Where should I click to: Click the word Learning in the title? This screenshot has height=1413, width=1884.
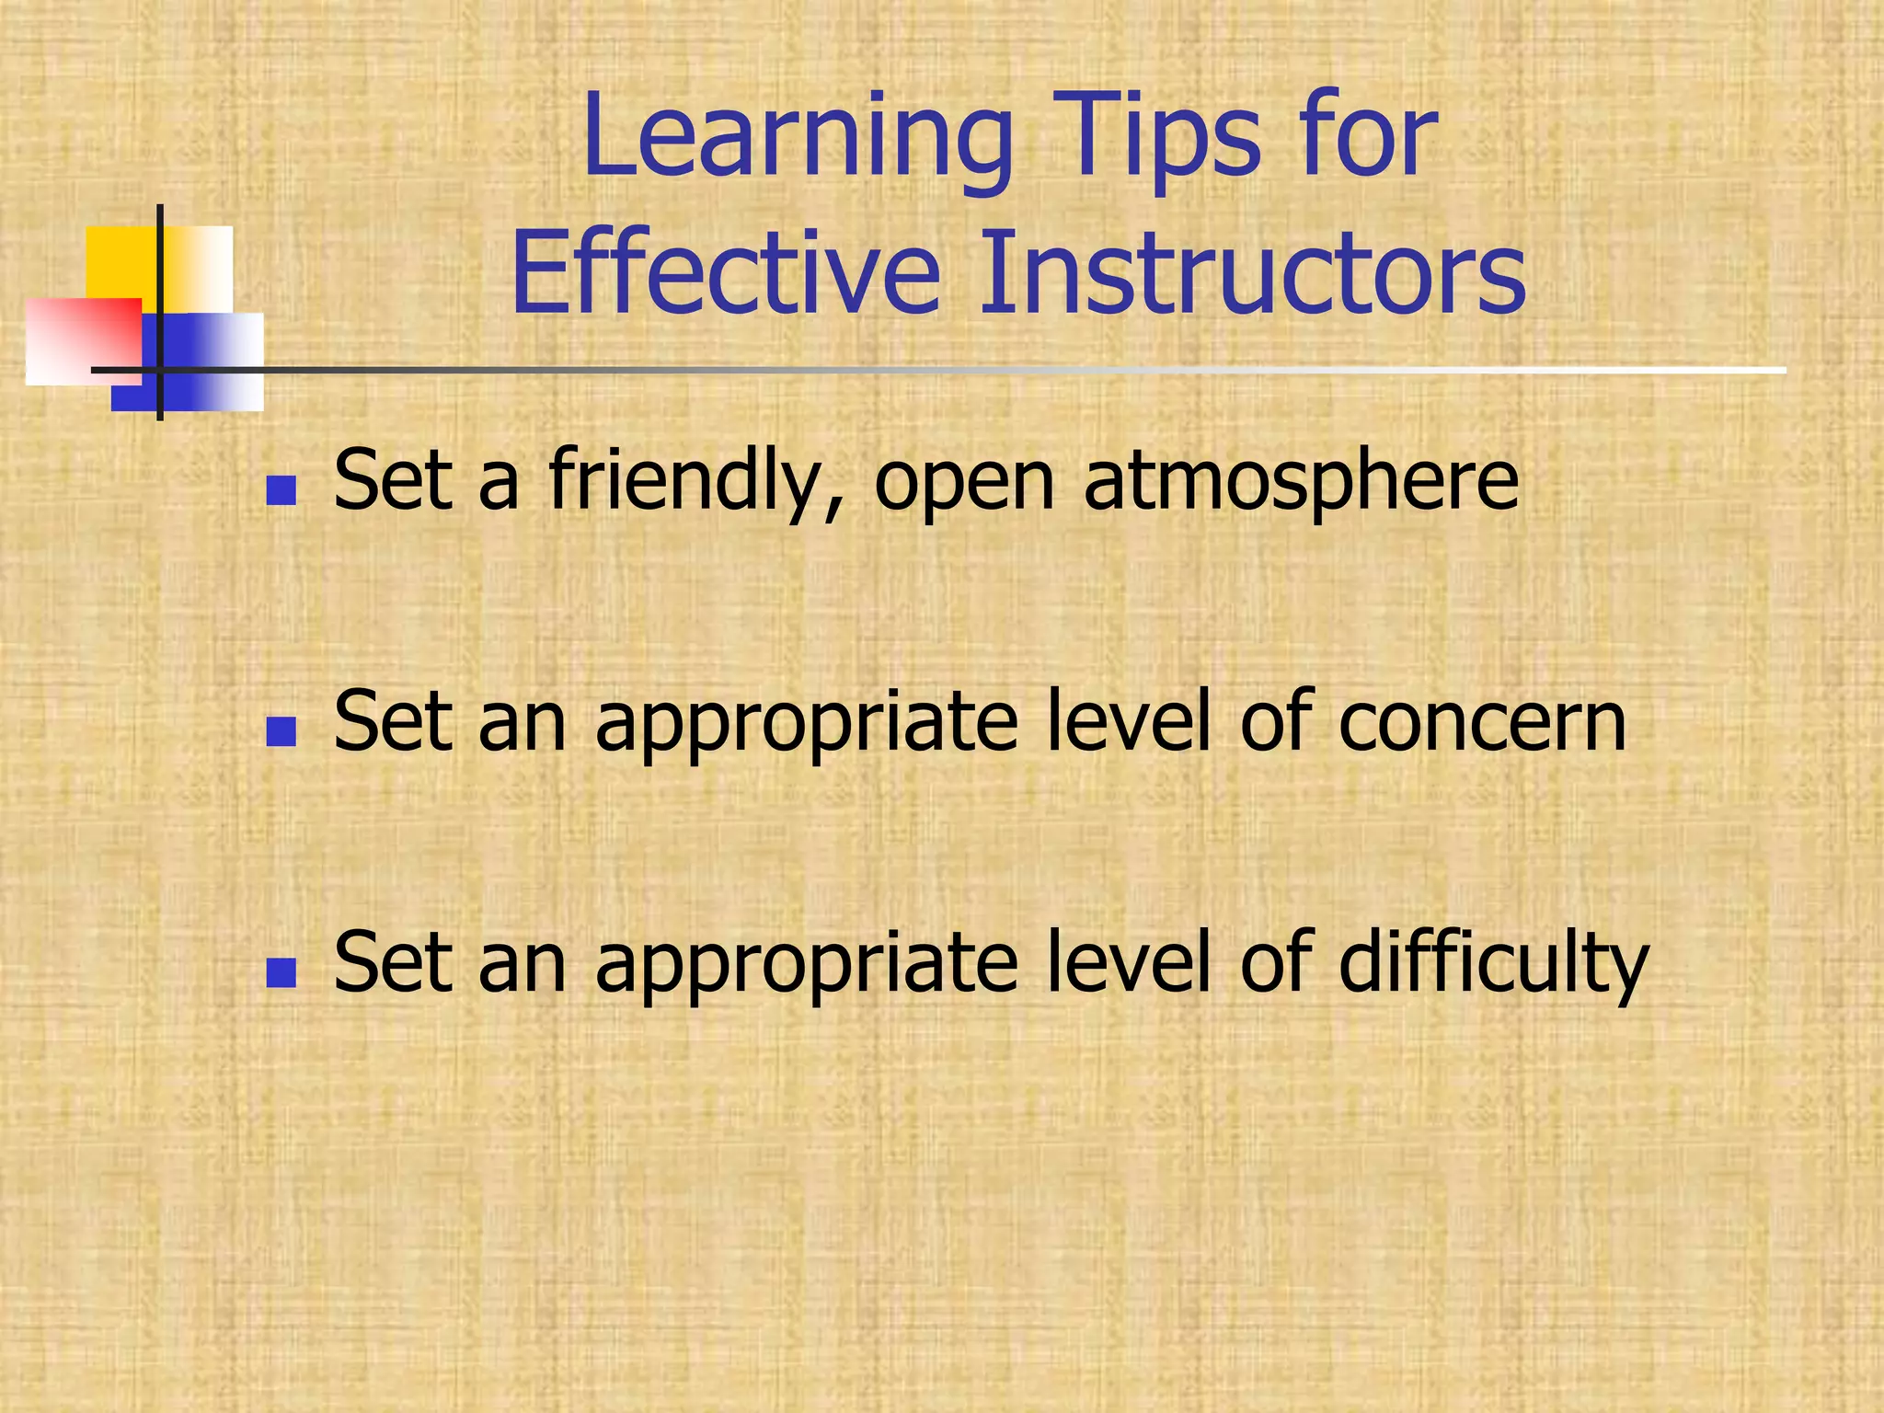click(797, 138)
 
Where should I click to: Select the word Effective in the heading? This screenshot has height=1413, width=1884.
click(726, 273)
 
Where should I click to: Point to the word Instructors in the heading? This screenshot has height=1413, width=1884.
click(1252, 273)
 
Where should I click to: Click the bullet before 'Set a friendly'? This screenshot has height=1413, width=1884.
click(281, 491)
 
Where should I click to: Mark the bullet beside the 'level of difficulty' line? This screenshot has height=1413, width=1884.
click(281, 972)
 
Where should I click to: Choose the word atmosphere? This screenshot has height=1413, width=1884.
click(1301, 480)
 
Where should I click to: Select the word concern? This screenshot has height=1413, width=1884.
click(1482, 722)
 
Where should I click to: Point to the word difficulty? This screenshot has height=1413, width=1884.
click(1493, 963)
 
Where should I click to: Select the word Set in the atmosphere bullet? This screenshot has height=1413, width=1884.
click(393, 480)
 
